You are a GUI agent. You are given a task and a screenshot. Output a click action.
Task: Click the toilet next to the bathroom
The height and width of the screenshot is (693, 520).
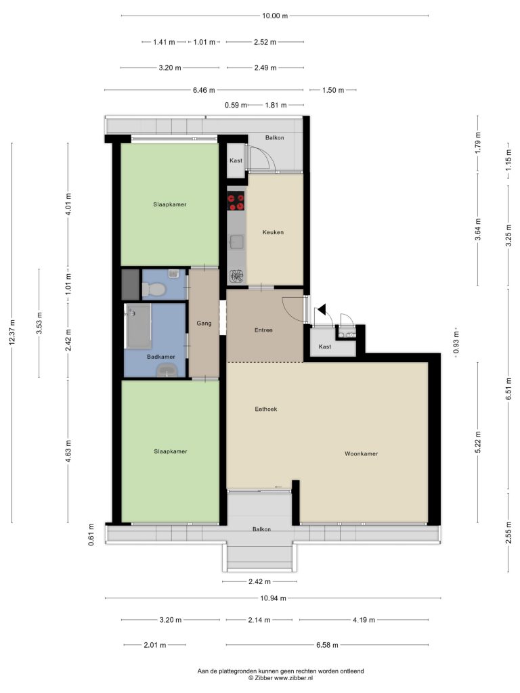(x=154, y=290)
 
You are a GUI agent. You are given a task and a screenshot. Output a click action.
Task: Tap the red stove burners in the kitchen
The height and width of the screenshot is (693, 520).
(x=236, y=202)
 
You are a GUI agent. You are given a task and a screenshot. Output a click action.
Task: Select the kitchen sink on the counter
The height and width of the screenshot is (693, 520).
(x=236, y=242)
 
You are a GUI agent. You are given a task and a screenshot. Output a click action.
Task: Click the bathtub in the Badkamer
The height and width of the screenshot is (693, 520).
(x=138, y=326)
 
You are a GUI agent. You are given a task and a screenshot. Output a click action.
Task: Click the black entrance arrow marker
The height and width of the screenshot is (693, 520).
(x=322, y=310)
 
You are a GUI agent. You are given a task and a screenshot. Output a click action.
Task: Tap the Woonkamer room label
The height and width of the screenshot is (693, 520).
(x=362, y=453)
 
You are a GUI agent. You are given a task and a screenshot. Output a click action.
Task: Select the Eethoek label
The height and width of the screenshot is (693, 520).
(x=265, y=409)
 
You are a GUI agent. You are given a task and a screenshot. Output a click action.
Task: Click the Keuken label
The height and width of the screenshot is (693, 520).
(x=273, y=232)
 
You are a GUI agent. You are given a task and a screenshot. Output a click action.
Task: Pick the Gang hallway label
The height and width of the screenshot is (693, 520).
(x=204, y=323)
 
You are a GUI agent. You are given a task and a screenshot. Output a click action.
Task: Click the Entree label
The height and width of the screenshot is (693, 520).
(x=263, y=330)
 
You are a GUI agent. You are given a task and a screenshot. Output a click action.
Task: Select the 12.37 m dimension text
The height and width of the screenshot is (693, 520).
(x=12, y=332)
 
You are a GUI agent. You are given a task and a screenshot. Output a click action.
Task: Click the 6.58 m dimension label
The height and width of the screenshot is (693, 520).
(x=327, y=645)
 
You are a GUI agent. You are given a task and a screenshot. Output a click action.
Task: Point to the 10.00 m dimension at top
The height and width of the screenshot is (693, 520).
(x=275, y=16)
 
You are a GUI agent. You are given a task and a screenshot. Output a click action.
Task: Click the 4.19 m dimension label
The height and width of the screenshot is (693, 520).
(x=364, y=620)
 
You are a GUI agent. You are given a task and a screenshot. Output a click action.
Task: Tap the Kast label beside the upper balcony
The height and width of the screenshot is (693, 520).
(x=236, y=160)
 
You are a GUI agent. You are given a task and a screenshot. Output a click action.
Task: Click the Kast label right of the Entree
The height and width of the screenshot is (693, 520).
(x=324, y=346)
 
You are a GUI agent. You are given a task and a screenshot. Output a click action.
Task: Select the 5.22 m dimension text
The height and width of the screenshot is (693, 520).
(x=477, y=442)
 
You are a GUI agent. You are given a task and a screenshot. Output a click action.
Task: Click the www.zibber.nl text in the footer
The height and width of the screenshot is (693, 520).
(x=293, y=677)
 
